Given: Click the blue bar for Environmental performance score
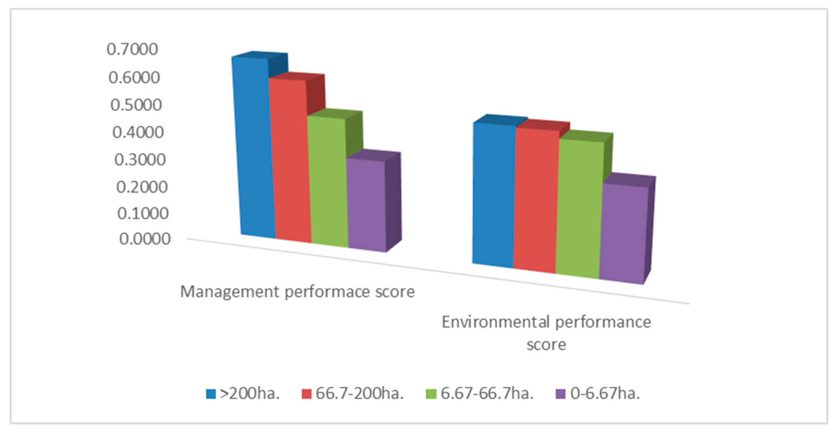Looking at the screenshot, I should click(494, 194).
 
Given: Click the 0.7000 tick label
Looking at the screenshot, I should click(132, 49).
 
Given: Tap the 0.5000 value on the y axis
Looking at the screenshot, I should click(136, 105).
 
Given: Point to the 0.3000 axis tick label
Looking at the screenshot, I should click(140, 160).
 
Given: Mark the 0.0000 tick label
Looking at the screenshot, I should click(145, 239).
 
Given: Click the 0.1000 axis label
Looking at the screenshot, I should click(143, 214).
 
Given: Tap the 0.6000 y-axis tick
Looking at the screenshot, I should click(134, 78).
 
